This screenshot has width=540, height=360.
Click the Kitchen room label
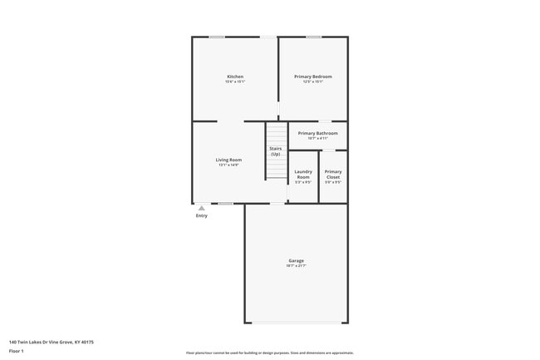(235, 76)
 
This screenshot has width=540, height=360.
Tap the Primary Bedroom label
(312, 76)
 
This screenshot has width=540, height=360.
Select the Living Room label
(228, 160)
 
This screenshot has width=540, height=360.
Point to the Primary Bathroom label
(317, 133)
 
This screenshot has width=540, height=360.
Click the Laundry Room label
(303, 174)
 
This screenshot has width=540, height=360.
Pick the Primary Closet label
(333, 174)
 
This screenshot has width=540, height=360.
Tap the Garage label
(296, 260)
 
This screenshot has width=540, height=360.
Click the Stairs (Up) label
(275, 150)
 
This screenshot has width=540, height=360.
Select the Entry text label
(202, 216)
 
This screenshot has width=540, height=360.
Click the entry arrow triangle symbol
(201, 208)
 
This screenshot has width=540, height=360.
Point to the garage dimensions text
(296, 266)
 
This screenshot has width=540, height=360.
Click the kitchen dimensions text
(235, 81)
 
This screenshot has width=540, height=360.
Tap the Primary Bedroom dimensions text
(312, 81)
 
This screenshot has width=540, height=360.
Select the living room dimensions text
(228, 165)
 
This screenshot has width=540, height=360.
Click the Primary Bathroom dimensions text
(317, 138)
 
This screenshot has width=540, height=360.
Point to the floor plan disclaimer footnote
(270, 353)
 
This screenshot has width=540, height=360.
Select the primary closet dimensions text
(333, 182)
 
